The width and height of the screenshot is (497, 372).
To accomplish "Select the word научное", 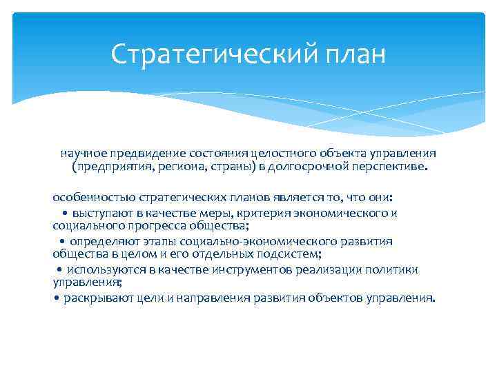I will click(x=83, y=153).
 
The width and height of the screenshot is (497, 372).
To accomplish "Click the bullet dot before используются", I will click(x=60, y=270).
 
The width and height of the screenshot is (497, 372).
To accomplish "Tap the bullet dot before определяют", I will click(x=62, y=242).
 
